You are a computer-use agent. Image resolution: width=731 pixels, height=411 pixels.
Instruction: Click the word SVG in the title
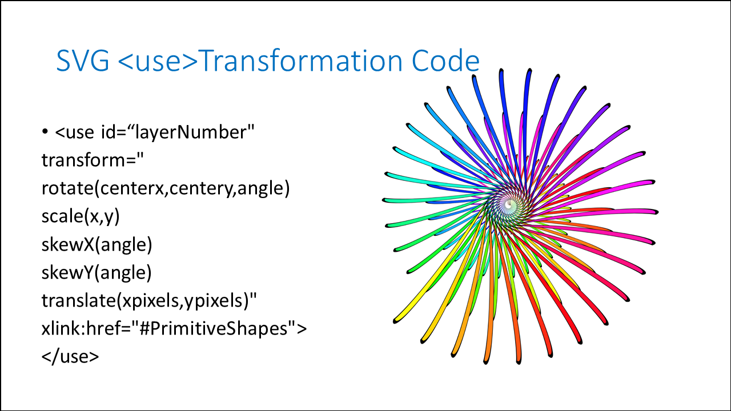tap(83, 61)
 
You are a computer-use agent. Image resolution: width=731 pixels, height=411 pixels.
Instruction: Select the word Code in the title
tap(445, 61)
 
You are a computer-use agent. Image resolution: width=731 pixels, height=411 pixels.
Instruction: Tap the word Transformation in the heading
tap(301, 61)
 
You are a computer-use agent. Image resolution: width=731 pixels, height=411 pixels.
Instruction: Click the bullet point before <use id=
tap(45, 132)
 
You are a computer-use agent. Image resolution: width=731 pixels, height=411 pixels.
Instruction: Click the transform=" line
tap(93, 160)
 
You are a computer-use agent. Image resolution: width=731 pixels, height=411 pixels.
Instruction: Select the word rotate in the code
tap(67, 188)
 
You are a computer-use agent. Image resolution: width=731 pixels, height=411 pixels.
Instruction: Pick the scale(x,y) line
tap(81, 216)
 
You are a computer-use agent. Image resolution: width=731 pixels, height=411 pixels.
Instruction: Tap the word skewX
tap(68, 244)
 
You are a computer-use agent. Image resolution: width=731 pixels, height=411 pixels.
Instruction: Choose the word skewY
tap(67, 272)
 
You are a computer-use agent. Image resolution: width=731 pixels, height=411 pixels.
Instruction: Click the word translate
tap(78, 300)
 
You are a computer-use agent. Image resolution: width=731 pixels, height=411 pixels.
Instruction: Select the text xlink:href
tap(86, 328)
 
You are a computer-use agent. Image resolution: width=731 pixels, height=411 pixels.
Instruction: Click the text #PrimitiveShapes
tap(214, 328)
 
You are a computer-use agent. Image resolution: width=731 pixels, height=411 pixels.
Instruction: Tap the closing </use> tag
tap(70, 356)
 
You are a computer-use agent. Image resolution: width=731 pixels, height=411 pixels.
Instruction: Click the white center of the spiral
tap(508, 204)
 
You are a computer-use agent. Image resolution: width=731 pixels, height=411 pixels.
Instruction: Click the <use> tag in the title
tap(158, 61)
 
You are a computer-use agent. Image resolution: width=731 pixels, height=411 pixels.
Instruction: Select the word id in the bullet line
tap(109, 132)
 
